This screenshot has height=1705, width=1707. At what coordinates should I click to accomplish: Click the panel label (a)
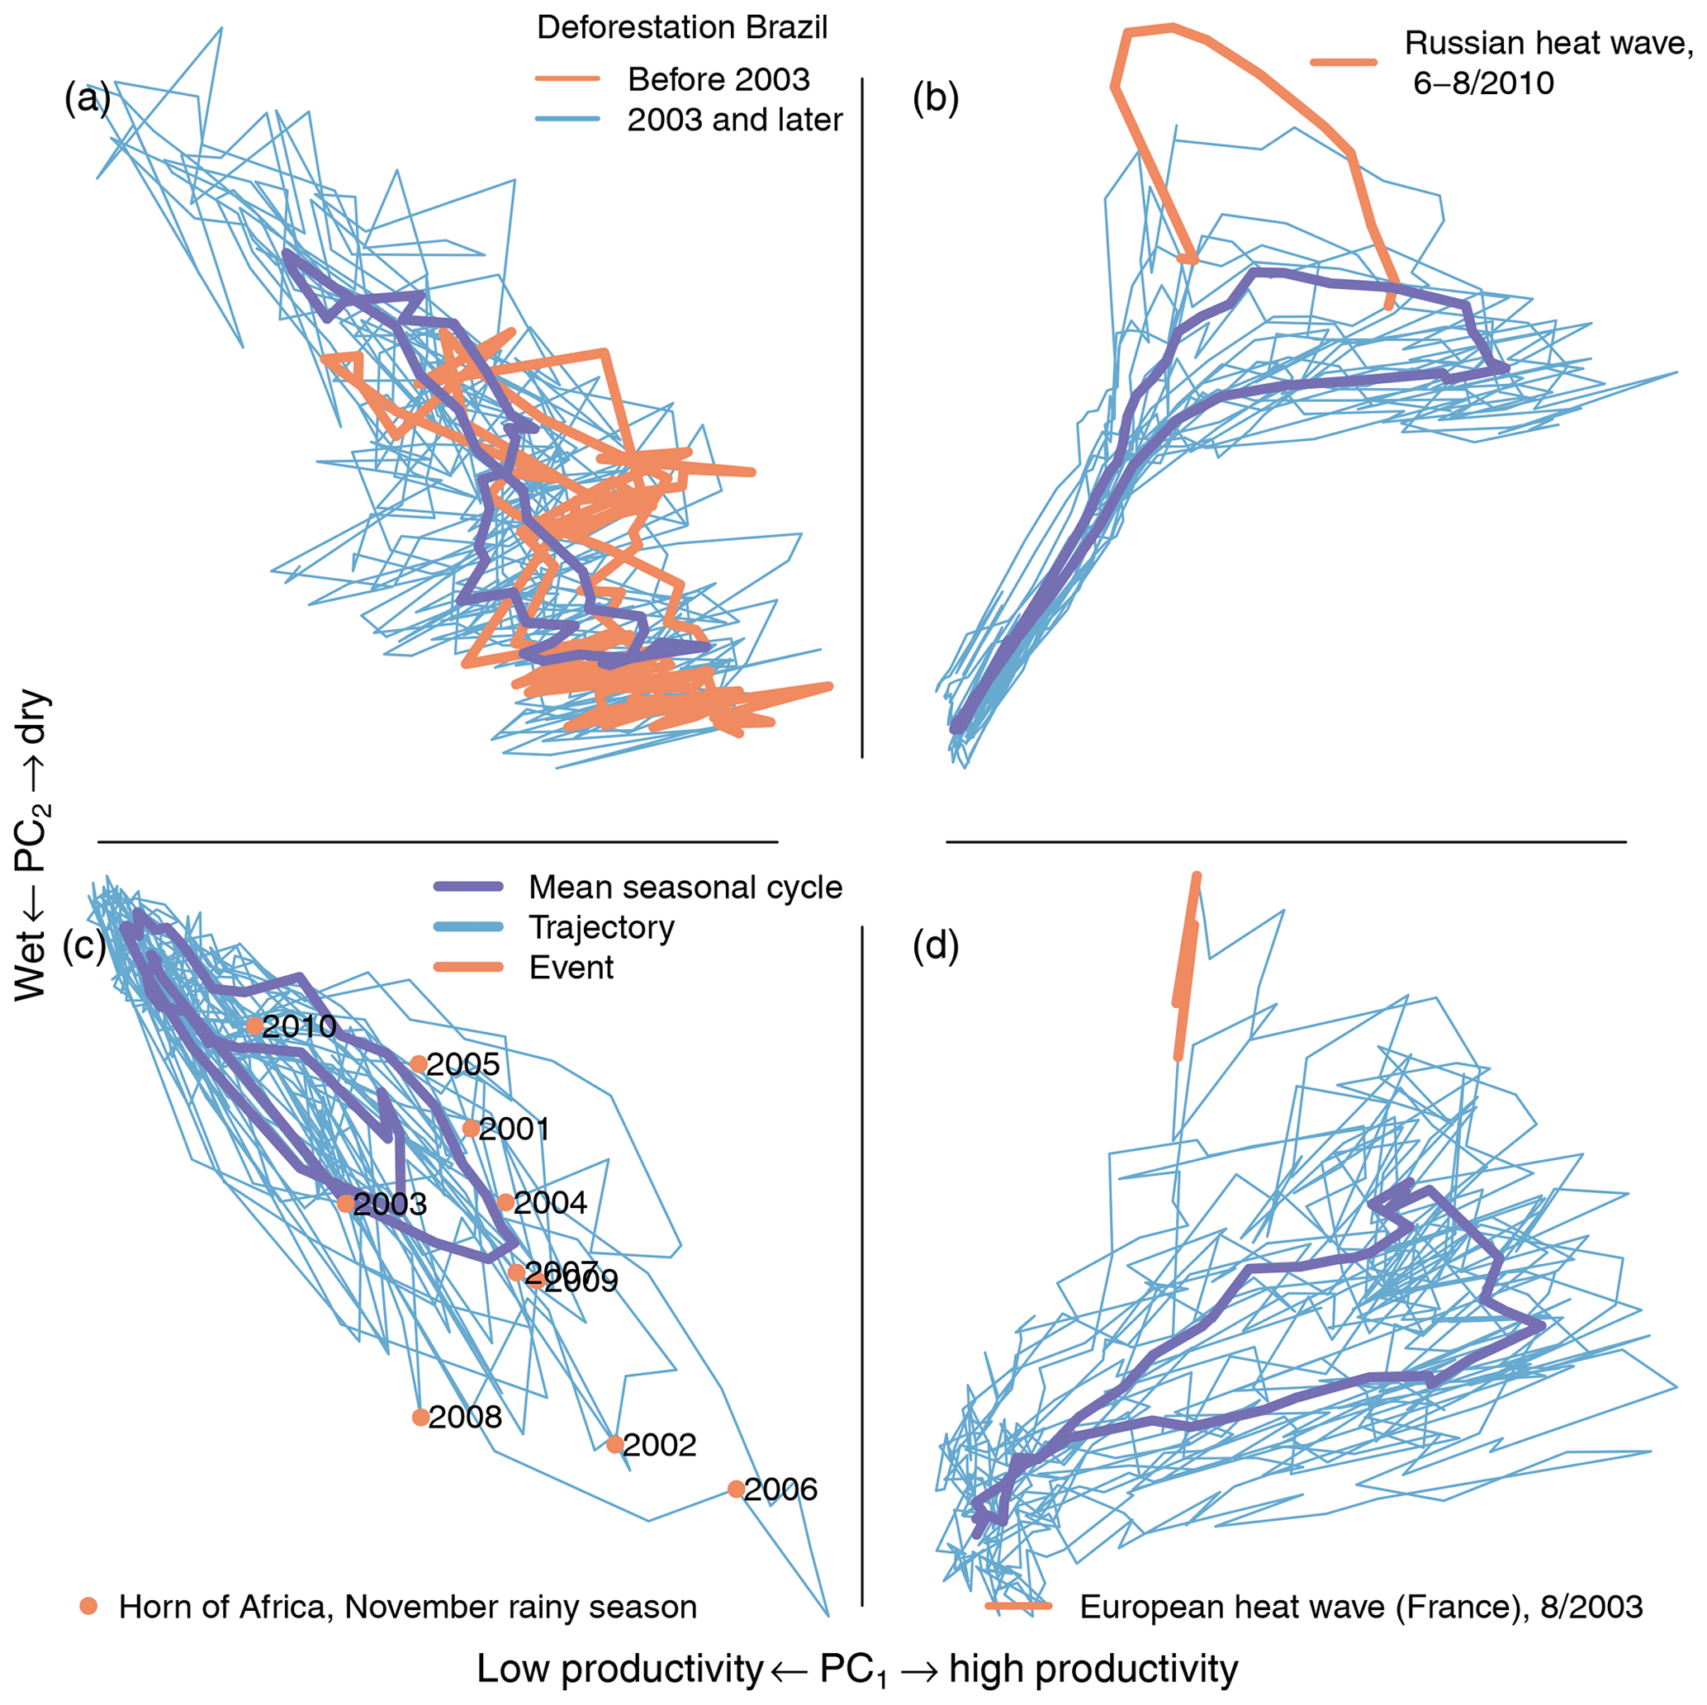[87, 98]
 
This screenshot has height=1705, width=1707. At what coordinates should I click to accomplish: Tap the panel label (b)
[935, 98]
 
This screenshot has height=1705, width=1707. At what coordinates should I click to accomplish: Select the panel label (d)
[935, 945]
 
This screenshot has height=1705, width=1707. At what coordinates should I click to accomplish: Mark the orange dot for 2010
[254, 1025]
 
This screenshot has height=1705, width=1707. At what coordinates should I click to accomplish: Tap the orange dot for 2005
[419, 1063]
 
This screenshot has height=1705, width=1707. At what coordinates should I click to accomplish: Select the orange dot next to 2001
[471, 1128]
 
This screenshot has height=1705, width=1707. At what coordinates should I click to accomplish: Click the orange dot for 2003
[345, 1203]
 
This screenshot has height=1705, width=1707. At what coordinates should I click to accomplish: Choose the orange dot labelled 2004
[505, 1201]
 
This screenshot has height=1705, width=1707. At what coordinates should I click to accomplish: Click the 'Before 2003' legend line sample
[567, 79]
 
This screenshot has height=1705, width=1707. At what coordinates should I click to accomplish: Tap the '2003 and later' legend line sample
[567, 119]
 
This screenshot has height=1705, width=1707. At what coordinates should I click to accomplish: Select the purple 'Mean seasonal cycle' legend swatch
[468, 887]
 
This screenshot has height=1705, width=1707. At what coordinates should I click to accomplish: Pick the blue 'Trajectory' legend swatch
[468, 926]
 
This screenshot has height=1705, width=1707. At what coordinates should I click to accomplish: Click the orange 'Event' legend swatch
[468, 968]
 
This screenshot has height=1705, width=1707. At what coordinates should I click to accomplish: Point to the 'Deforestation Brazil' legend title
[682, 28]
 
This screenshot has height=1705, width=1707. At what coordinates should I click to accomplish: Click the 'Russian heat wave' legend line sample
[1343, 62]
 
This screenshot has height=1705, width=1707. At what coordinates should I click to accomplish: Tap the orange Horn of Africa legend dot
[88, 1606]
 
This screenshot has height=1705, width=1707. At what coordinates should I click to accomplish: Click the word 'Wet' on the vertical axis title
[30, 969]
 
